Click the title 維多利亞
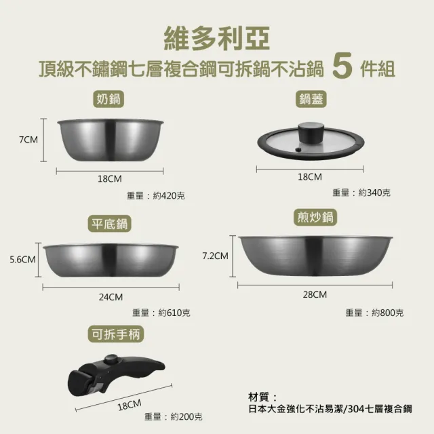click(x=216, y=38)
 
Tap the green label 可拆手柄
click(x=116, y=334)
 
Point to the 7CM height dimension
click(x=28, y=139)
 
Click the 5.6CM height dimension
click(x=22, y=259)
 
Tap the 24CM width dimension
click(x=111, y=297)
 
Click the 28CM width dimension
click(x=314, y=294)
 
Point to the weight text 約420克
click(x=169, y=196)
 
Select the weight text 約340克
click(x=374, y=193)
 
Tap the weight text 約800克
click(x=387, y=313)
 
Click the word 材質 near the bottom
click(x=258, y=397)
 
